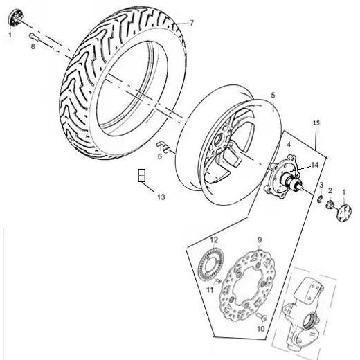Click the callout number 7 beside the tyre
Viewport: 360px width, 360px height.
tap(192, 23)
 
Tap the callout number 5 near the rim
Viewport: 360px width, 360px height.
tap(273, 94)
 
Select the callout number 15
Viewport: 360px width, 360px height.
tap(316, 123)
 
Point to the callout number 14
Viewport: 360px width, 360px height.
tap(314, 164)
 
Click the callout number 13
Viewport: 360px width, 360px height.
tap(161, 197)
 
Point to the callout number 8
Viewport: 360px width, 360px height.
tap(32, 46)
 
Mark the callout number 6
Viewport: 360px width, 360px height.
tap(159, 156)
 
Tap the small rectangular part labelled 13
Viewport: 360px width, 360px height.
tap(141, 175)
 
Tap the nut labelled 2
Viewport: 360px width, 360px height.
tap(329, 201)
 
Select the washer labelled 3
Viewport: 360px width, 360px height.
tap(321, 199)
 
